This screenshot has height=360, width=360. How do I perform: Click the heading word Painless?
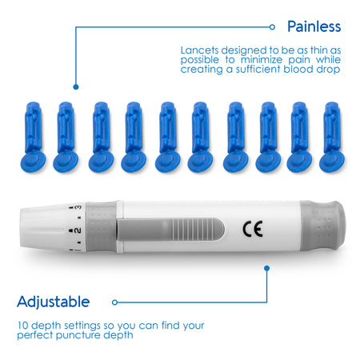(x=314, y=26)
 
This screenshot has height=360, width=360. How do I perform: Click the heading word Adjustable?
(x=54, y=302)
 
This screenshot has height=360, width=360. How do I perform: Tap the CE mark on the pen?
(x=253, y=229)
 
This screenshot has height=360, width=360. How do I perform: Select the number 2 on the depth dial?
(x=77, y=230)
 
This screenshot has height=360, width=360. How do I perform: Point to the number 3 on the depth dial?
(x=78, y=207)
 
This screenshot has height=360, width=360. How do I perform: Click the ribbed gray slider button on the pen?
(x=170, y=229)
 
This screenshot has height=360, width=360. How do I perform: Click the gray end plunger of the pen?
(x=322, y=226)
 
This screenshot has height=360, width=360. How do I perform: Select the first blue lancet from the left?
(x=33, y=137)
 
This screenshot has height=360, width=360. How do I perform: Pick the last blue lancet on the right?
(x=332, y=137)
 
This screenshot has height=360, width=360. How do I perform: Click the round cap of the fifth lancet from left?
(x=168, y=162)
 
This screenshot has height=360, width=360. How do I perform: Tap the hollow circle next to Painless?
(x=272, y=27)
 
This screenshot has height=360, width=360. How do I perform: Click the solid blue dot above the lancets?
(x=76, y=87)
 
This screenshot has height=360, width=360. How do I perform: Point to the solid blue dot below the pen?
(x=267, y=268)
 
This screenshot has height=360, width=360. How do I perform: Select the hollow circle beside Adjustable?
(x=115, y=302)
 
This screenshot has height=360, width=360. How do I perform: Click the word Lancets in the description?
(x=199, y=50)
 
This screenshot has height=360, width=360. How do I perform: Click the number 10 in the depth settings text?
(x=23, y=326)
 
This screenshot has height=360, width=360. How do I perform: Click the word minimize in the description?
(x=262, y=60)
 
